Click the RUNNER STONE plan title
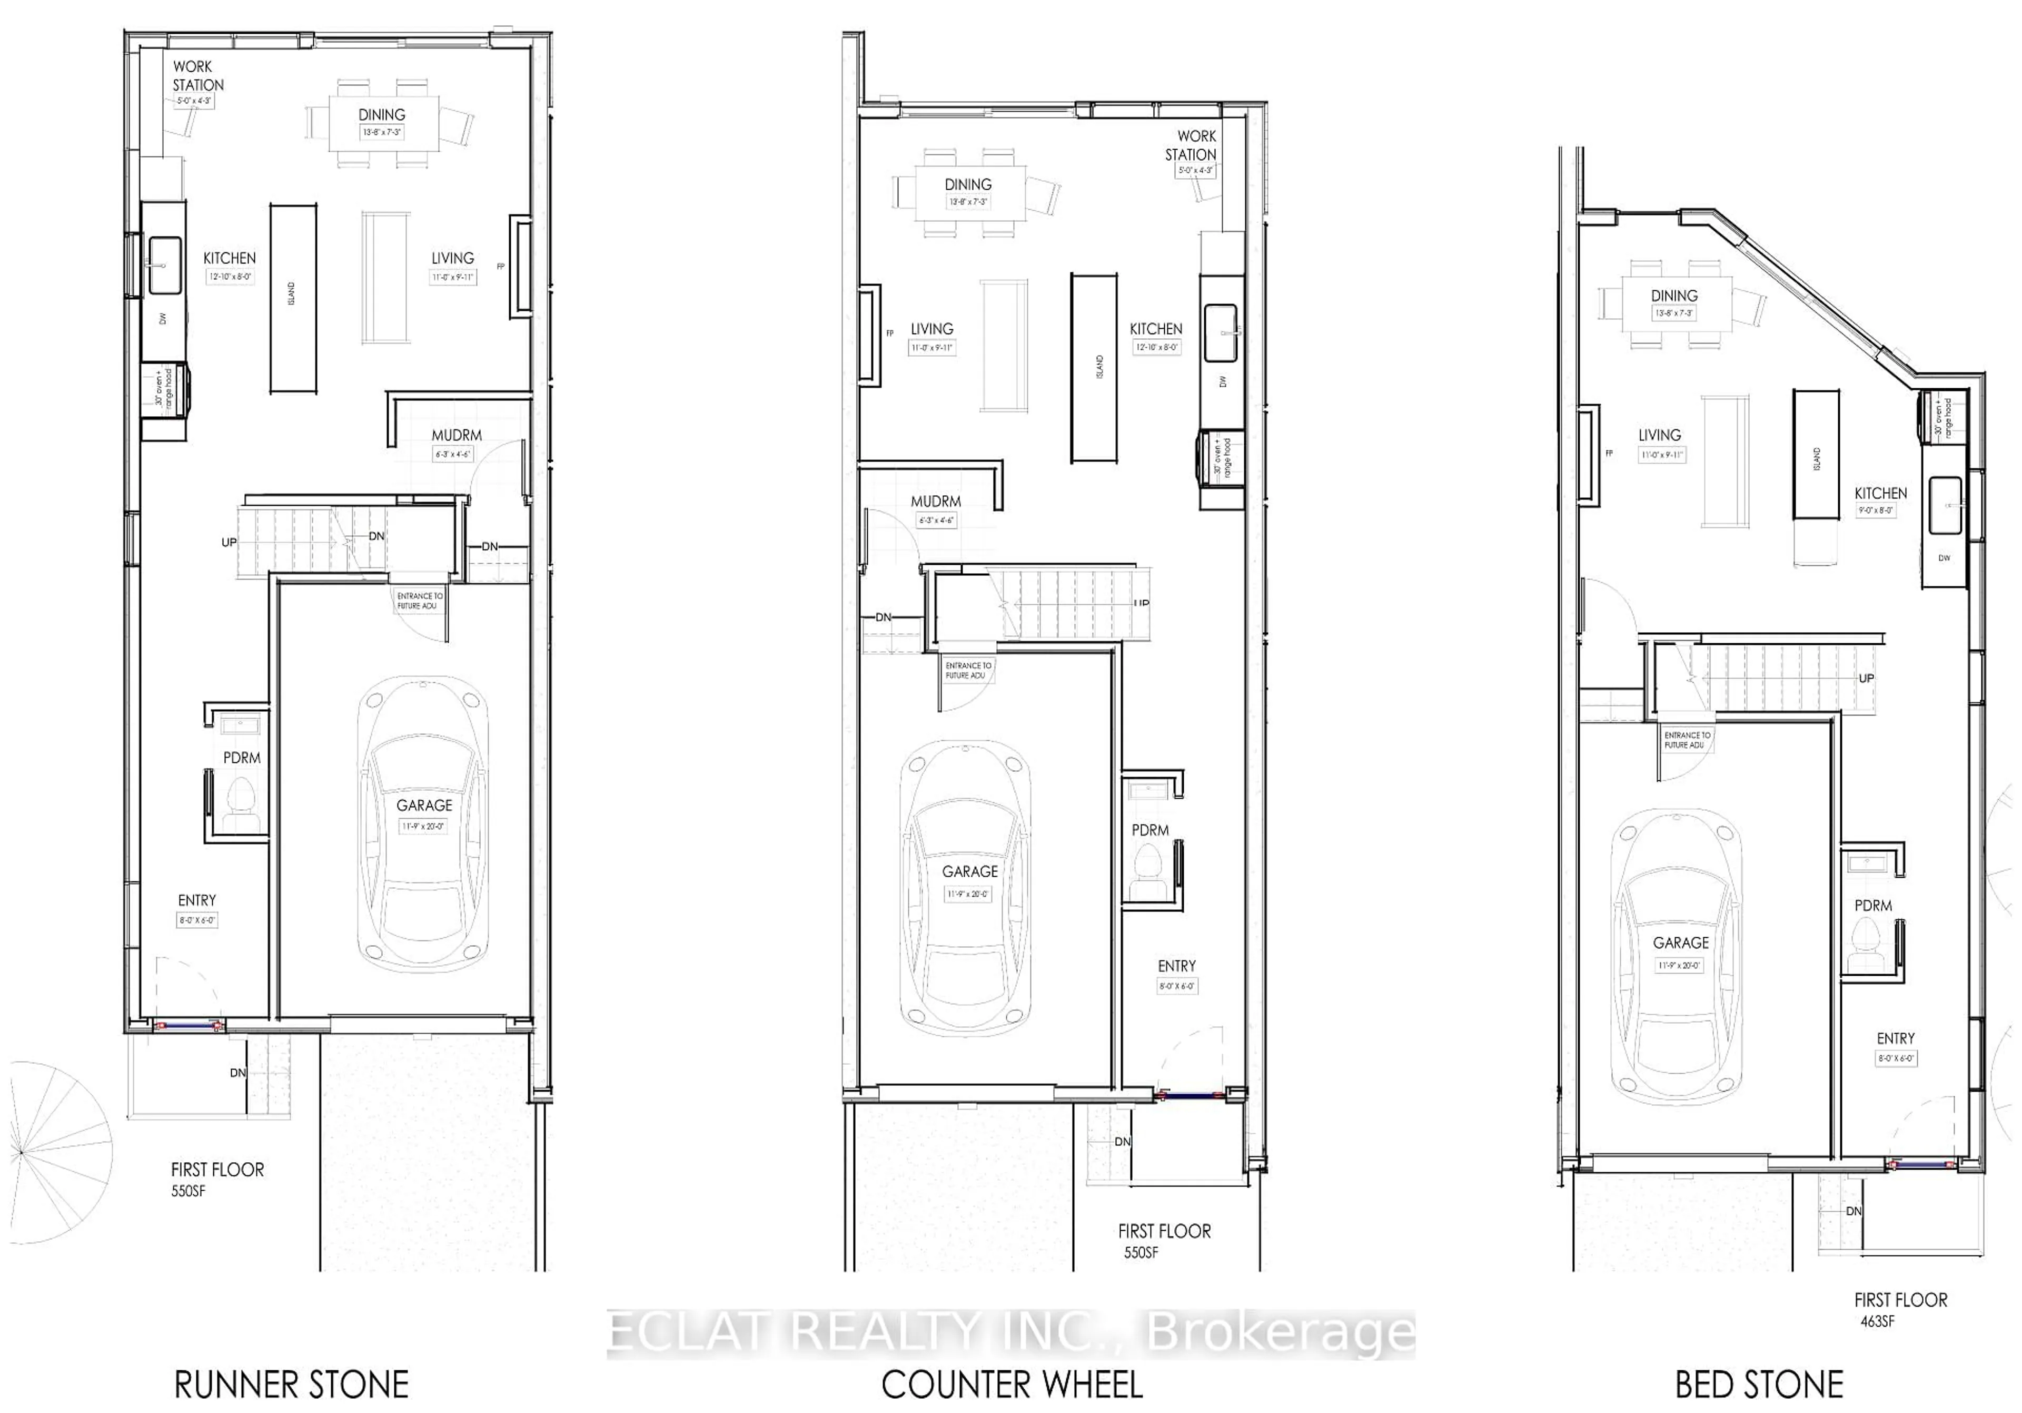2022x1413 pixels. click(292, 1385)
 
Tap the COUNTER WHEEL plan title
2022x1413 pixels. click(1012, 1385)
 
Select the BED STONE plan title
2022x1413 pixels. click(1759, 1385)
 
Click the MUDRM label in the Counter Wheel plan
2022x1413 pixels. click(935, 501)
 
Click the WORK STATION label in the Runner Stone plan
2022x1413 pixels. click(197, 76)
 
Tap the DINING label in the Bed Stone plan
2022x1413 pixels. click(1674, 296)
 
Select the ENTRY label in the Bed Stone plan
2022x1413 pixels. click(1895, 1038)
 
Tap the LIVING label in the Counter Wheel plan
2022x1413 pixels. click(931, 329)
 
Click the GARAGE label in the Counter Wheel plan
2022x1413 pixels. click(969, 871)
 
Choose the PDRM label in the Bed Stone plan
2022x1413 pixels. click(1873, 906)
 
